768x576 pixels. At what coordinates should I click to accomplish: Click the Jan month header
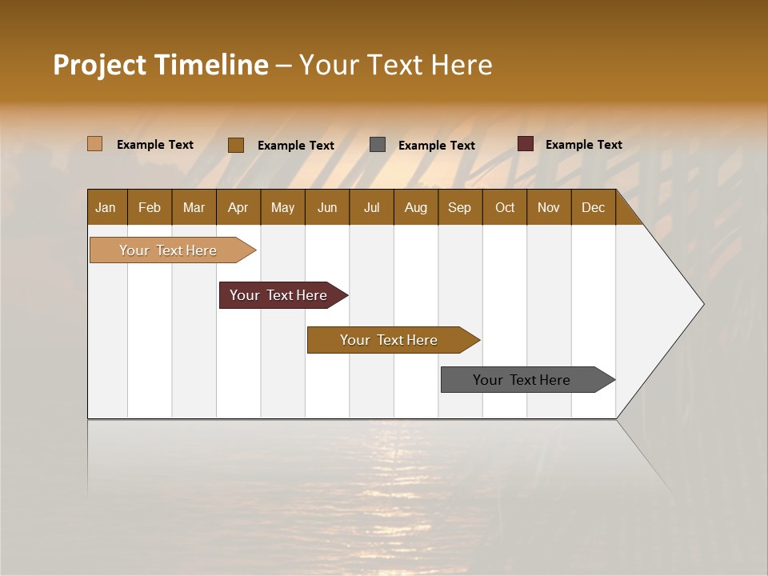(106, 207)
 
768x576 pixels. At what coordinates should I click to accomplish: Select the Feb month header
(150, 207)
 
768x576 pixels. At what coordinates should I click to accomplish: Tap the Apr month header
(238, 207)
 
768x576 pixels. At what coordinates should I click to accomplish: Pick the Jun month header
(327, 207)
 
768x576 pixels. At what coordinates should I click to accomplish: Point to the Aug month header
(416, 207)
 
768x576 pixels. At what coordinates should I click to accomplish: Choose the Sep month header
(460, 207)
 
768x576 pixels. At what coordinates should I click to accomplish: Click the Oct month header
(505, 207)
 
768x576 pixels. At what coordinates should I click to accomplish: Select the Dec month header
(594, 207)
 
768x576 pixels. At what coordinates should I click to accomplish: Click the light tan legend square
(95, 144)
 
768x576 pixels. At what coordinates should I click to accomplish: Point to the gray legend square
(378, 145)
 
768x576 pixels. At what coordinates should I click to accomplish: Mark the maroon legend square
(526, 144)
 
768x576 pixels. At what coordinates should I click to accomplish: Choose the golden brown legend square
(236, 145)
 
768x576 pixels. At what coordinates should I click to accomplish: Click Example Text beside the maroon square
(584, 145)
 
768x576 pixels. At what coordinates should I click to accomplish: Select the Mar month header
(194, 207)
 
